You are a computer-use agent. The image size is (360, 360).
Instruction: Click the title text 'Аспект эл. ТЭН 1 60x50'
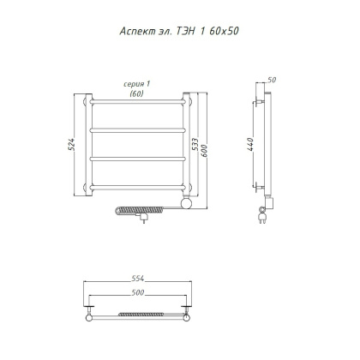coord(179,31)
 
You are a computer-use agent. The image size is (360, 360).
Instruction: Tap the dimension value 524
coord(71,145)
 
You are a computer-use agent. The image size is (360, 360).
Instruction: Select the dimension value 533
coord(195,145)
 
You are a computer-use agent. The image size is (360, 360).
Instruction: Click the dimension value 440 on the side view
coord(250,144)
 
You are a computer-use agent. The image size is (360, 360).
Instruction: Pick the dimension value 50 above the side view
coord(272,80)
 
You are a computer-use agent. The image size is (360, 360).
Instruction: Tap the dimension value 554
coord(138,279)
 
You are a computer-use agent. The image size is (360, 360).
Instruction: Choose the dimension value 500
coord(138,292)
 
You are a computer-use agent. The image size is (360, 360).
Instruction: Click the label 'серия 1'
coord(136,84)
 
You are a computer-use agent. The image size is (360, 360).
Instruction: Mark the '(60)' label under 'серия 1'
coord(136,93)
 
